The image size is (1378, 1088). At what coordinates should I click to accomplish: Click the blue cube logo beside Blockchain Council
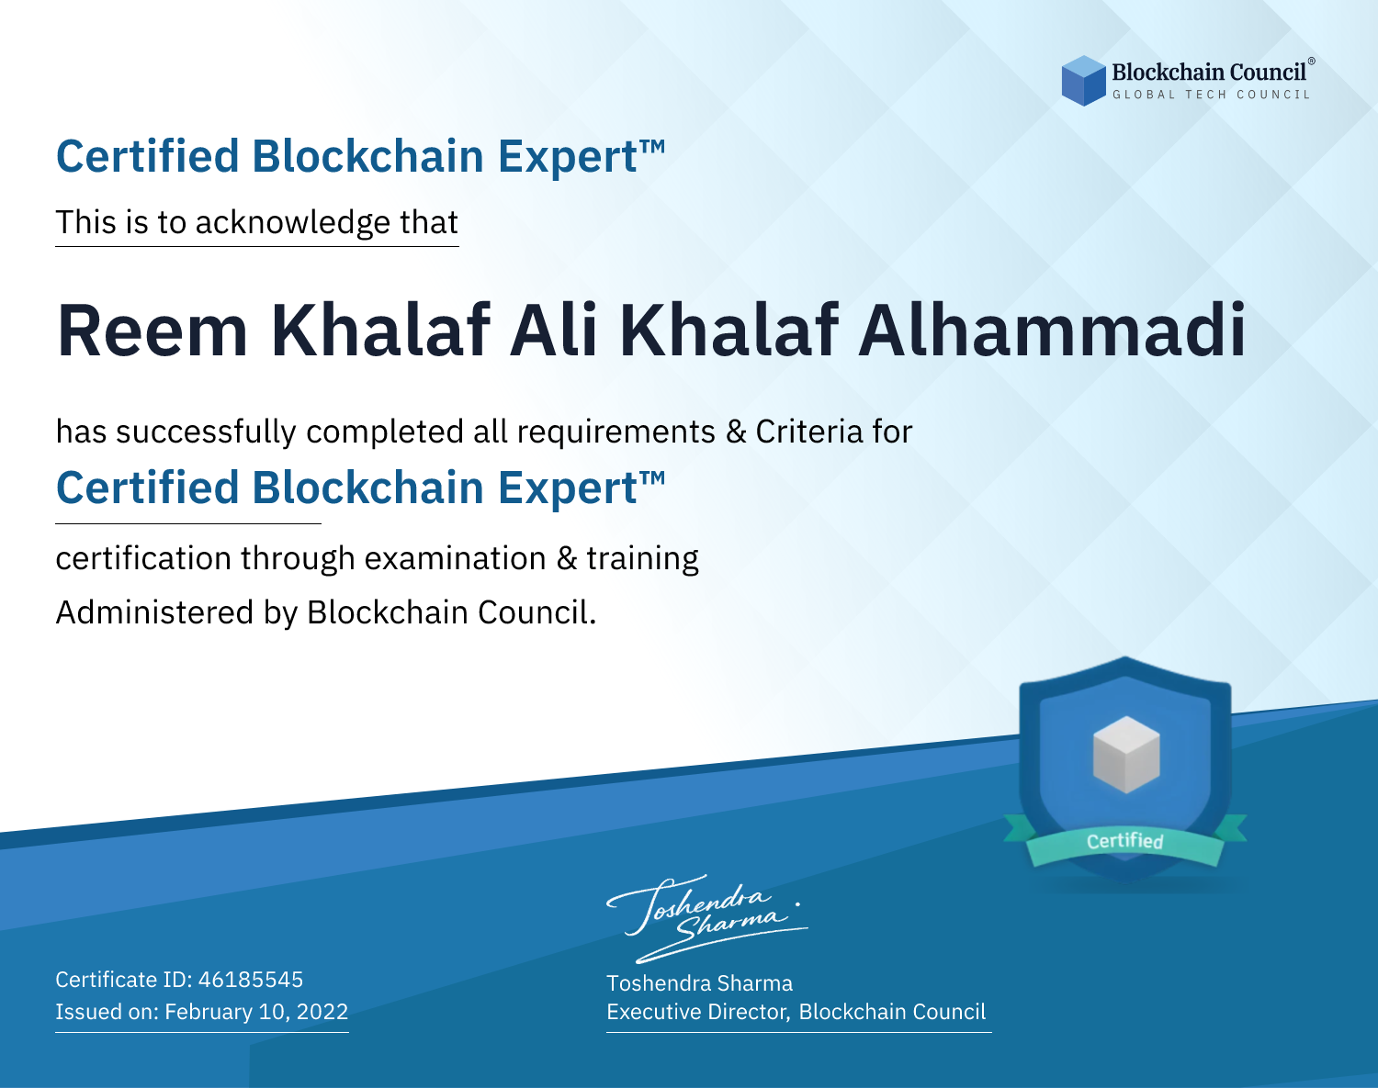point(1083,81)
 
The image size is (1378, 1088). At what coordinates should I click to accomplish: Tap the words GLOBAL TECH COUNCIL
point(1211,95)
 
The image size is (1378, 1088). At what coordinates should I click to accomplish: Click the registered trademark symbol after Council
point(1312,62)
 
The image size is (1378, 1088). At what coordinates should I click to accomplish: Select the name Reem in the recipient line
point(152,331)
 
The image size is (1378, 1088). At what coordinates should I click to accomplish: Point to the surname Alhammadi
point(1052,330)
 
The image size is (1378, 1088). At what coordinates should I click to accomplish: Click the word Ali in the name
point(553,330)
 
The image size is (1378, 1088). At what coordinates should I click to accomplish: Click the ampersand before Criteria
point(736,432)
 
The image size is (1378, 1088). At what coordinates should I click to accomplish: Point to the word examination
point(456,559)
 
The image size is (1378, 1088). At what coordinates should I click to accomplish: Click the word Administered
point(154,612)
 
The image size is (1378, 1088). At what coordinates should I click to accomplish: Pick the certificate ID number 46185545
point(251,980)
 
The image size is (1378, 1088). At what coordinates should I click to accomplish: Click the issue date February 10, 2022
point(256,1012)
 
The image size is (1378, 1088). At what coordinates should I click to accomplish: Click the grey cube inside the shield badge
point(1126,755)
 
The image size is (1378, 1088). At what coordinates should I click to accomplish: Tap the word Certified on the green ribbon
point(1125,841)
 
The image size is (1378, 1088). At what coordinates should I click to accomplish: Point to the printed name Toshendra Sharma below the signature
point(699,983)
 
